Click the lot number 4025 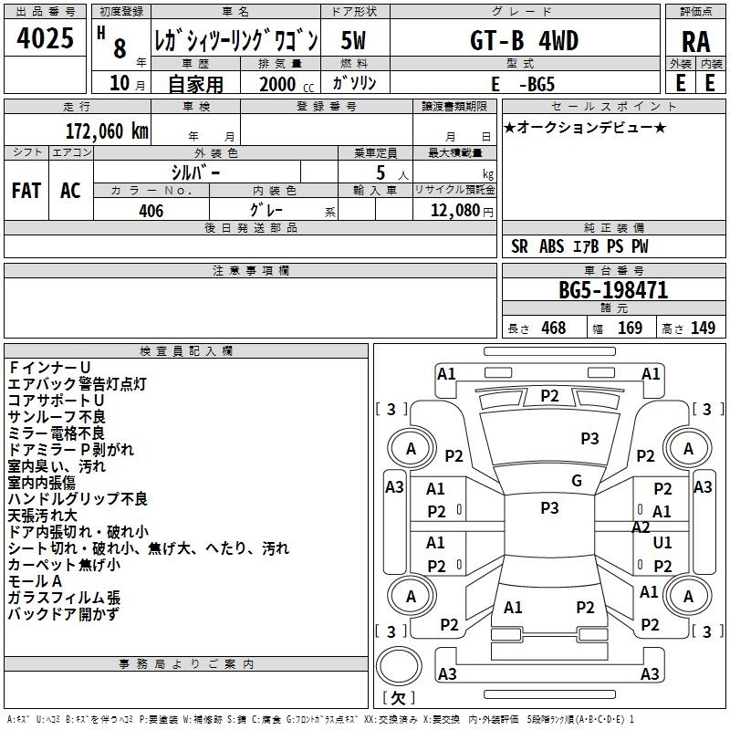pos(45,38)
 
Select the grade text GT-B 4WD pos(524,40)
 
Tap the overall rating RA pos(695,42)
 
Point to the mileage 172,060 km pos(107,131)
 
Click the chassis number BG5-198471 pos(613,290)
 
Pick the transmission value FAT pos(26,191)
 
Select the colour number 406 pos(151,211)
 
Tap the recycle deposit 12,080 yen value pos(462,211)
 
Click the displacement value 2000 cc pos(287,84)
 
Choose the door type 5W pos(353,40)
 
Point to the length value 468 pos(554,328)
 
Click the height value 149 pos(703,328)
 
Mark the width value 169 pos(630,328)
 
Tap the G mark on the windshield pos(577,481)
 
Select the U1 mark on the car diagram pos(662,542)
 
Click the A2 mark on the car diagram pos(641,527)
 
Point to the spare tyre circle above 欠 pos(399,666)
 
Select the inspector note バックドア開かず pos(64,614)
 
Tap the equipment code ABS pos(552,246)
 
